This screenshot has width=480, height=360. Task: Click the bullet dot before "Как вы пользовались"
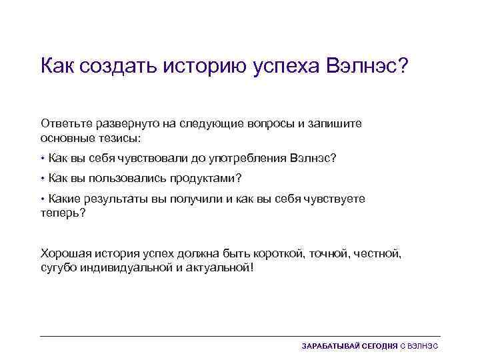[43, 179]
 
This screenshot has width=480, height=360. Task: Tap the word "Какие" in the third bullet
[64, 199]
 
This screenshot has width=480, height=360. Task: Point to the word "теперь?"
[63, 212]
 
